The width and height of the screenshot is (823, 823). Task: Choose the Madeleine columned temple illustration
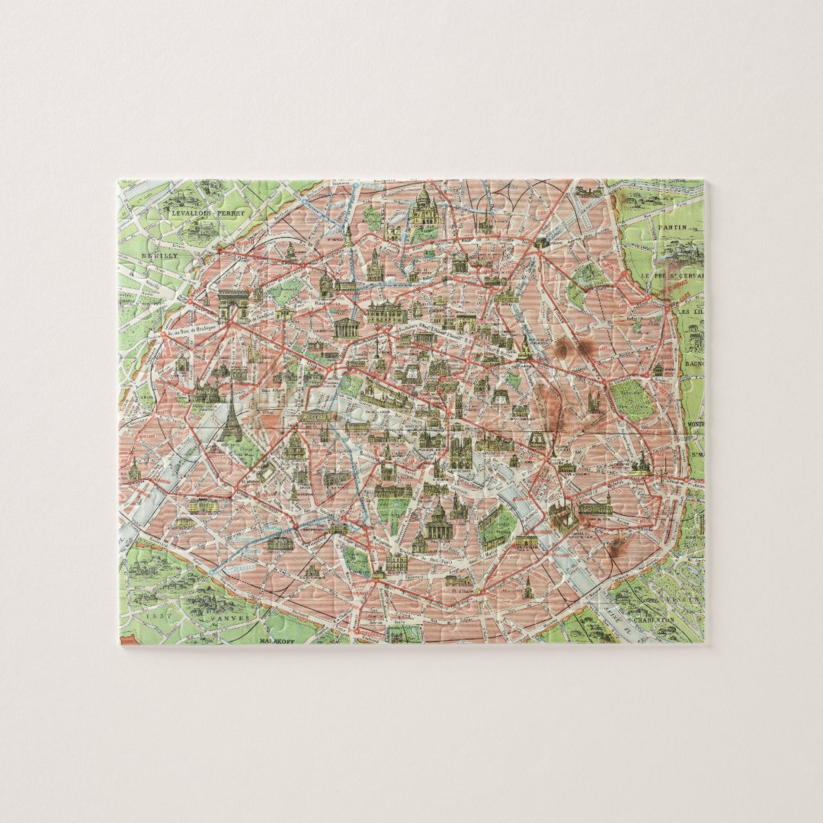point(347,328)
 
